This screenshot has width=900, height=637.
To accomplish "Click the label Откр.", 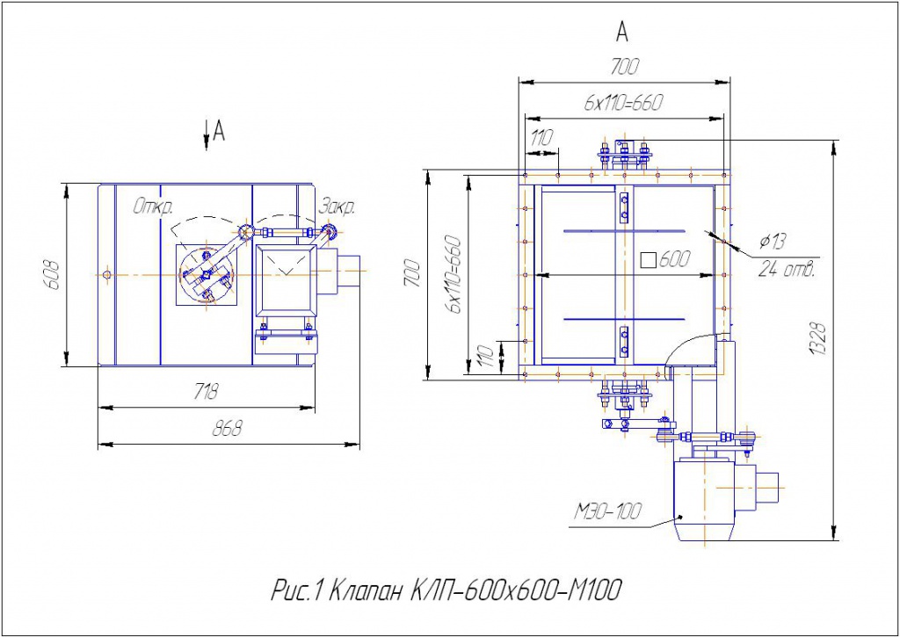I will point(153,207).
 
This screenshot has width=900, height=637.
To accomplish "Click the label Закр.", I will point(337,207).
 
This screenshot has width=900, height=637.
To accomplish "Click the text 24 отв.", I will point(787,269).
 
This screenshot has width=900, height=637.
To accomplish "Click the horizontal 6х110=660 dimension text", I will point(623,103).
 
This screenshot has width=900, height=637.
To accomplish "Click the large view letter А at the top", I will point(622,33).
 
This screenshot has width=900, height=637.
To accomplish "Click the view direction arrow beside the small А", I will point(206,133).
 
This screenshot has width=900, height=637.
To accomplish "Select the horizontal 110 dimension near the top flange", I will point(542,138).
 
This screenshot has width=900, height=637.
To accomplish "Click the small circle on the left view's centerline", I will point(106,275).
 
